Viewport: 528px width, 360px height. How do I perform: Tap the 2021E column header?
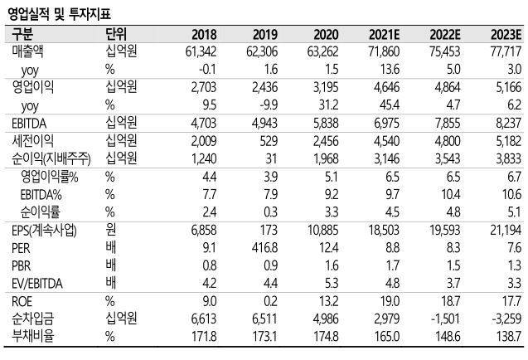pyautogui.click(x=380, y=34)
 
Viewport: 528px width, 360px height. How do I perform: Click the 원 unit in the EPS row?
pyautogui.click(x=110, y=228)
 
